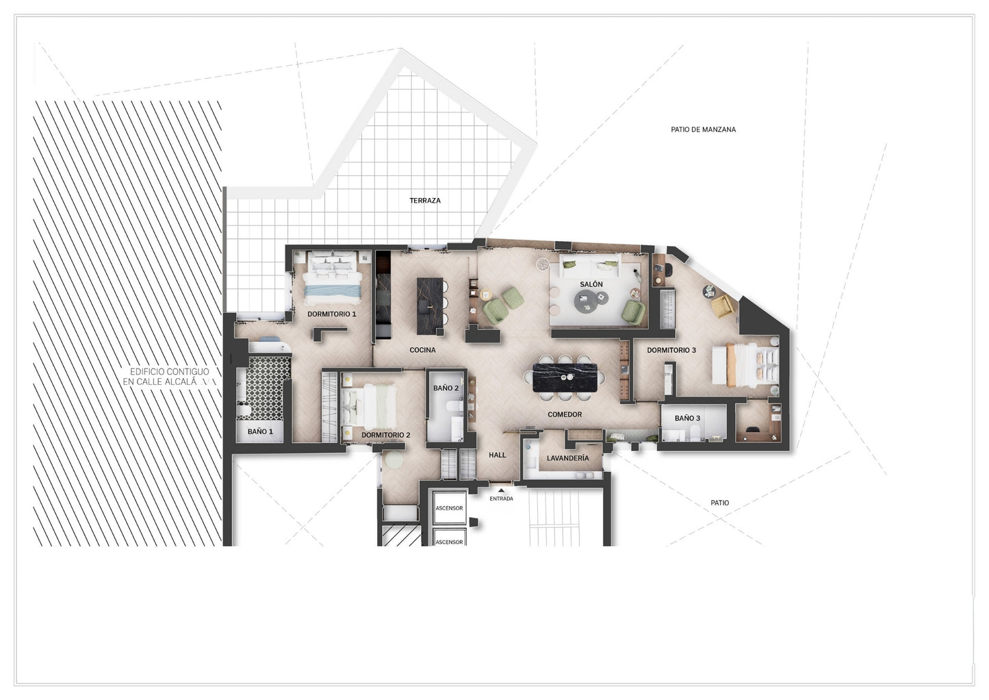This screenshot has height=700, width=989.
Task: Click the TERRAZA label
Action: (x=425, y=201)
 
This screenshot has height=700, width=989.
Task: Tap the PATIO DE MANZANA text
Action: (x=704, y=129)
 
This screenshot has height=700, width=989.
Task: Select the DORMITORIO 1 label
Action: (x=331, y=314)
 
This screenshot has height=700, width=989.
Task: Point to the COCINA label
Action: (x=422, y=350)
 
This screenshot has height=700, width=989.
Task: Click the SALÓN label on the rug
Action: (x=591, y=284)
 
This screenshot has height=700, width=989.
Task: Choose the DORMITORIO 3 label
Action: (x=671, y=350)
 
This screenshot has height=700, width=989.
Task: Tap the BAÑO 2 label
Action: (x=446, y=388)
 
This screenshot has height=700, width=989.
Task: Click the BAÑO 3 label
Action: (x=687, y=418)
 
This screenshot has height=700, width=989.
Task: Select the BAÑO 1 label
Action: (x=260, y=432)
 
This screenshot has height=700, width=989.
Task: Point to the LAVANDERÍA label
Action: (x=568, y=458)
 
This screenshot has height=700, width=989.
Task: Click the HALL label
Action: (x=497, y=455)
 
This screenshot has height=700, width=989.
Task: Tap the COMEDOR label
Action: (x=565, y=414)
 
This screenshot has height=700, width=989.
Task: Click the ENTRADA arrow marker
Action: (x=501, y=490)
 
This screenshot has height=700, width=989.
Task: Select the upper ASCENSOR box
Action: (x=449, y=508)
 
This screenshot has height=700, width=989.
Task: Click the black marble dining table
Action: (x=565, y=377)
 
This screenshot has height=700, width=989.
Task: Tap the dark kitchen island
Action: (x=430, y=305)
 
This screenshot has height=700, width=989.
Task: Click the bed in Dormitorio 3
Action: (x=745, y=365)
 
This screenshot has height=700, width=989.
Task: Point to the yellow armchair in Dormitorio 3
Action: (x=723, y=305)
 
